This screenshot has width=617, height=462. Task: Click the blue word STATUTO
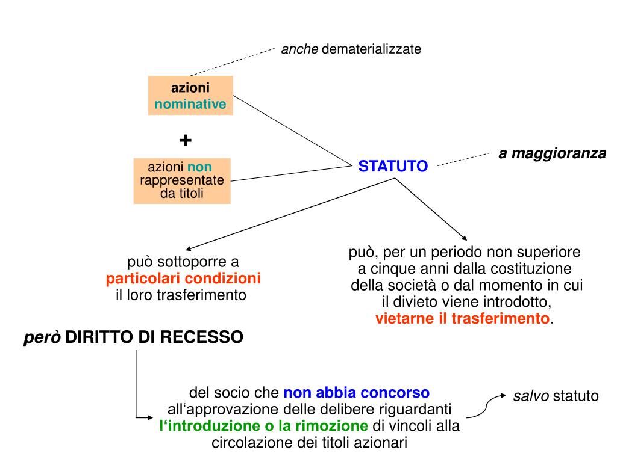point(393,166)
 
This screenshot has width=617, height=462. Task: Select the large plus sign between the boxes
point(186,141)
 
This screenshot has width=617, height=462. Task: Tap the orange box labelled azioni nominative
point(190,96)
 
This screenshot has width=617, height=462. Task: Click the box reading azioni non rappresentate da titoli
point(182,180)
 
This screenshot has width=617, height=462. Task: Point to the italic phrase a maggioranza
point(552,153)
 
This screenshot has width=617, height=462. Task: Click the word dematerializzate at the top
point(371,49)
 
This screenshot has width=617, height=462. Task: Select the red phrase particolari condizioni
point(184,279)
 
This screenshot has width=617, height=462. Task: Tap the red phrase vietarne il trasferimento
point(463,318)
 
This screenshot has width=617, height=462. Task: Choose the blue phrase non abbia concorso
point(357,393)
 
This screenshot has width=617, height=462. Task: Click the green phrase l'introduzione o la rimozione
point(263,426)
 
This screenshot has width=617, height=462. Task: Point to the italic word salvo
point(531,396)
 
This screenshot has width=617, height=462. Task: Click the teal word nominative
point(190,104)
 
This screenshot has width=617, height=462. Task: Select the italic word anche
point(299,49)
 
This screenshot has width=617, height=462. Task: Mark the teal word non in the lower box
point(199,167)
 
